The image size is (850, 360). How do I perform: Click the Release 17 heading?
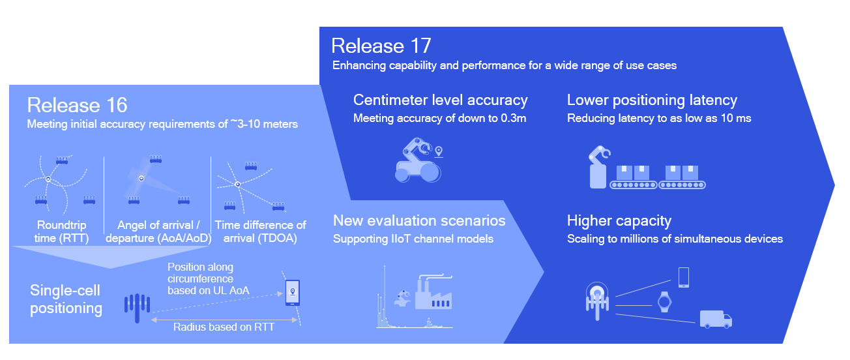click(381, 46)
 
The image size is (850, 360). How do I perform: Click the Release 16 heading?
click(77, 105)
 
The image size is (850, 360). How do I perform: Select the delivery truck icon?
click(715, 318)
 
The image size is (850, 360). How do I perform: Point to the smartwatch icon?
click(664, 301)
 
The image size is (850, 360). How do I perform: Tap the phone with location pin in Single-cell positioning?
click(293, 292)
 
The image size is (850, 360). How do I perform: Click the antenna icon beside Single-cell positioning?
click(137, 307)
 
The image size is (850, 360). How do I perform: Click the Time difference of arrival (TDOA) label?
click(260, 232)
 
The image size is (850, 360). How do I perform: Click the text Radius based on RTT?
click(224, 327)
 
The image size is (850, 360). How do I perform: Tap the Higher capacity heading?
click(619, 220)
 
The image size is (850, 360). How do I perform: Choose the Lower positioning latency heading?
click(652, 100)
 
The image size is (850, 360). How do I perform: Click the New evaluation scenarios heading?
click(419, 220)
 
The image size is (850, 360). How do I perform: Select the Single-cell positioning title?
click(66, 299)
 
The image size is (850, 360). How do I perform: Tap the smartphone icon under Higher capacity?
click(684, 277)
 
